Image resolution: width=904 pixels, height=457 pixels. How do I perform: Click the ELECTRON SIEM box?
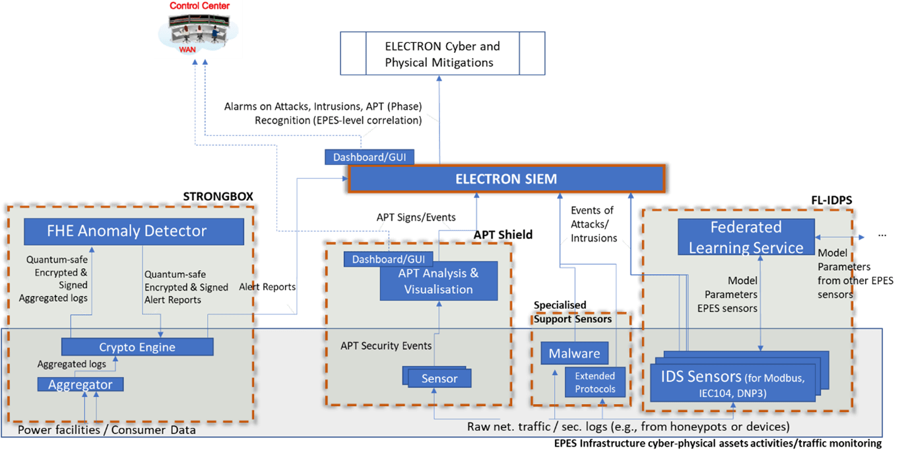point(505,179)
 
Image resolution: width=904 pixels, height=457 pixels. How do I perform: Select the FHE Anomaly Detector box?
point(134,232)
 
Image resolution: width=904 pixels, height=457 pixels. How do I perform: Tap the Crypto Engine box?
point(137,347)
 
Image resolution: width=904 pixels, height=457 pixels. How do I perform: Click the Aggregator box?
point(81,384)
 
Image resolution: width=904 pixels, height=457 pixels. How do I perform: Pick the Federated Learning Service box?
point(746,238)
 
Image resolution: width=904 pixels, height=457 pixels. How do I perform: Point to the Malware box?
point(569,353)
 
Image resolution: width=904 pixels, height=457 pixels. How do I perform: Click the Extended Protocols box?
point(595,382)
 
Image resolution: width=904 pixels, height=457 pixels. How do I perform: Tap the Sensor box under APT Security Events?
point(439,378)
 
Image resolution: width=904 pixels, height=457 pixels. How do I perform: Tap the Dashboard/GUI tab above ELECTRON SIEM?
point(369,157)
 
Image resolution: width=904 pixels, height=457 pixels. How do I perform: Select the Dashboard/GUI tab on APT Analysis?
point(387,260)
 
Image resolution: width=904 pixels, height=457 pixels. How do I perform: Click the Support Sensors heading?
point(572,319)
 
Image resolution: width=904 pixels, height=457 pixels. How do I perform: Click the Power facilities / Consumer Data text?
point(106,430)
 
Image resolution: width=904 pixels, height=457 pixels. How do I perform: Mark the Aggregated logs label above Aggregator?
point(71,364)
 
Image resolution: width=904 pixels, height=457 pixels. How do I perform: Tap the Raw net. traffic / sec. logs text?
point(628,427)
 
